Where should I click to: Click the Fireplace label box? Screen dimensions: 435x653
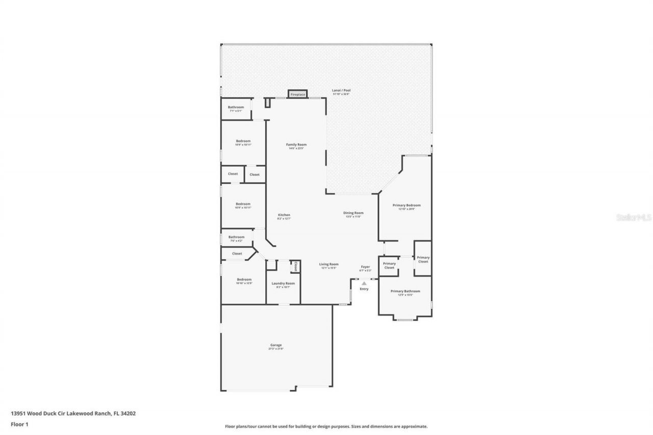pyautogui.click(x=297, y=94)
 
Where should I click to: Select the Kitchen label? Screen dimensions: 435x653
pyautogui.click(x=284, y=215)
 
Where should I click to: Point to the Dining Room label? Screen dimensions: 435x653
pyautogui.click(x=353, y=213)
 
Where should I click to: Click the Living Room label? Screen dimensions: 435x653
pyautogui.click(x=329, y=264)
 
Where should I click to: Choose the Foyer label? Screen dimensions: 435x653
pyautogui.click(x=365, y=267)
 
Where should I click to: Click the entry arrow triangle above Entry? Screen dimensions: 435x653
pyautogui.click(x=364, y=284)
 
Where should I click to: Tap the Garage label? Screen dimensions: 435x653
pyautogui.click(x=276, y=345)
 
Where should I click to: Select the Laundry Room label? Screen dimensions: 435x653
pyautogui.click(x=283, y=284)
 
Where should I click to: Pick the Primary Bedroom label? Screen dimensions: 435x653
pyautogui.click(x=407, y=206)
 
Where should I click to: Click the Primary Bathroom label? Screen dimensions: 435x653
pyautogui.click(x=405, y=291)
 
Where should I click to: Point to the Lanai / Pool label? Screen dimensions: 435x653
pyautogui.click(x=341, y=91)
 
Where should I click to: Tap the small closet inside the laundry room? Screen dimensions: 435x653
pyautogui.click(x=295, y=266)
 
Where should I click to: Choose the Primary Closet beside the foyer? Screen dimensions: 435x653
pyautogui.click(x=389, y=265)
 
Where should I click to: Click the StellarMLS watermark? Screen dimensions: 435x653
pyautogui.click(x=634, y=217)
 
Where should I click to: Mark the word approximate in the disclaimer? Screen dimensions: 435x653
pyautogui.click(x=414, y=426)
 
